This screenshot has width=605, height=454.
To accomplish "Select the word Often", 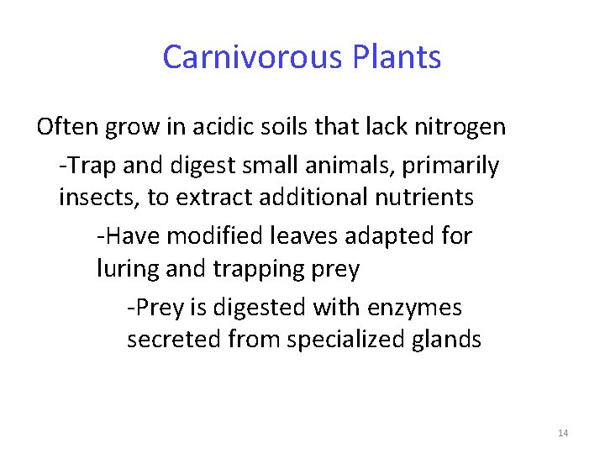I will click(69, 127).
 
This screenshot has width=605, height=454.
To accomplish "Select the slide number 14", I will click(563, 433).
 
